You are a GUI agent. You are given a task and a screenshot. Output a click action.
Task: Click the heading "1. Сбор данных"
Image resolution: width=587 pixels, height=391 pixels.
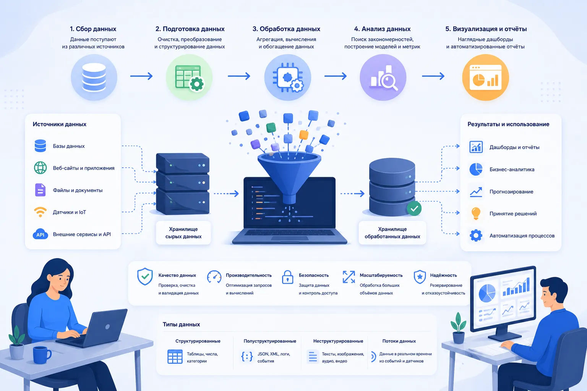(x=93, y=29)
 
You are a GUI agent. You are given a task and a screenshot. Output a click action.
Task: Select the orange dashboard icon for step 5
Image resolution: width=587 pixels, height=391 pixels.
(x=485, y=78)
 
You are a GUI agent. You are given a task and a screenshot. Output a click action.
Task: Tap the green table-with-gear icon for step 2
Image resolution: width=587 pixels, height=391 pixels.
(x=189, y=78)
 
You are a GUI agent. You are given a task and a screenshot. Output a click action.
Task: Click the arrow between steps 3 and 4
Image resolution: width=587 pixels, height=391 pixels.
(x=336, y=76)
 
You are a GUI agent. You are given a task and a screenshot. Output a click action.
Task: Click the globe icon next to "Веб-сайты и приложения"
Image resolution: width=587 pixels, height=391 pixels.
(x=41, y=168)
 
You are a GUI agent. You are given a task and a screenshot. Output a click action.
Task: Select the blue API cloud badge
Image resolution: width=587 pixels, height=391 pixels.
(x=41, y=234)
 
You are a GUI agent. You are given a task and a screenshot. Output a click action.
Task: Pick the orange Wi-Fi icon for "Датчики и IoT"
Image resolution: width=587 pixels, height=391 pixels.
(x=41, y=212)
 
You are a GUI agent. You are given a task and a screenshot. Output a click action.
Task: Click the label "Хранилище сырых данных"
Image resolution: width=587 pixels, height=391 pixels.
(x=183, y=233)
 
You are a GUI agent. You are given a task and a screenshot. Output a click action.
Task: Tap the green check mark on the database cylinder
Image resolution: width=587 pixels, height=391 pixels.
(x=414, y=209)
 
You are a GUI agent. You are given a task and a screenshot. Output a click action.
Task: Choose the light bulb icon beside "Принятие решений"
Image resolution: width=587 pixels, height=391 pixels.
(x=476, y=213)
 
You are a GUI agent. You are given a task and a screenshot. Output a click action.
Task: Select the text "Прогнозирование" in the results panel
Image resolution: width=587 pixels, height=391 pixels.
(x=511, y=192)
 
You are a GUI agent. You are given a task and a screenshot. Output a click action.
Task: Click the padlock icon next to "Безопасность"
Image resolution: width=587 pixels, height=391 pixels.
(x=287, y=277)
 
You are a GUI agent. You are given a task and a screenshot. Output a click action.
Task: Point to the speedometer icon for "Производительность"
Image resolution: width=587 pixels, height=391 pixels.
(x=214, y=277)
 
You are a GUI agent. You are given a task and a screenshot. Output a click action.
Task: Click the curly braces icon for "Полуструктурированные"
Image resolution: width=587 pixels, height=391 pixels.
(x=247, y=357)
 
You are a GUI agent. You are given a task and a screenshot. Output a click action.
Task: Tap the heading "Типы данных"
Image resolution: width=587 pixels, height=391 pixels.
(x=182, y=325)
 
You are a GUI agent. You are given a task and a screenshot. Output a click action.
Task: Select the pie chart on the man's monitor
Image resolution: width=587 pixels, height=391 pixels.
(x=487, y=292)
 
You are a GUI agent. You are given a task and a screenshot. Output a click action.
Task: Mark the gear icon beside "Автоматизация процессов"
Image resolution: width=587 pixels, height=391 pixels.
(x=476, y=236)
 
